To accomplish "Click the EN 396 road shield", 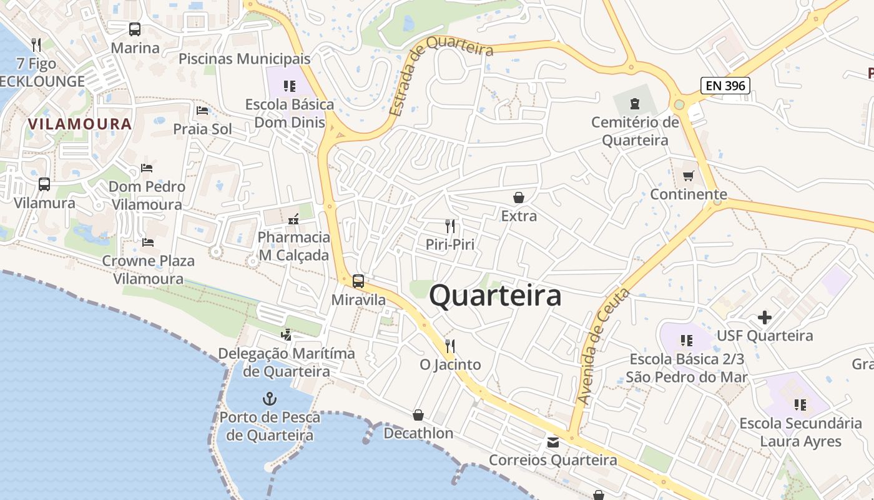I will (725, 86).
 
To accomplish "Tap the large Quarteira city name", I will (495, 296).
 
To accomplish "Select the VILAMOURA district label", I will (80, 124).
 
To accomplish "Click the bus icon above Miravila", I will (358, 281).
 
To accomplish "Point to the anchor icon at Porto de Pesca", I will (269, 398).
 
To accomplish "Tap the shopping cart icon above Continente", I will (688, 176).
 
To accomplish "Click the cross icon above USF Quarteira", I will (764, 317).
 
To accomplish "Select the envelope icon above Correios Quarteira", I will (553, 442).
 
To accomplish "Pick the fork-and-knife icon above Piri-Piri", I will (449, 226).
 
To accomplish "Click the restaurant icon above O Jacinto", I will (449, 346).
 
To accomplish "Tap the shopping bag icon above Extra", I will (518, 197).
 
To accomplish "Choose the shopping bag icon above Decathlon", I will (418, 415).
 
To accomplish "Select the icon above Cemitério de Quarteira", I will (635, 103).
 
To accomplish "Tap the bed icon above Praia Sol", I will (202, 111).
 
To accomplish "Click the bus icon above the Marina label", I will (135, 29).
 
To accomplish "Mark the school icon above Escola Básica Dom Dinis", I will (288, 86).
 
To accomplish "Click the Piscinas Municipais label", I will (244, 59).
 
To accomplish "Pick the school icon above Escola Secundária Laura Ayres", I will (800, 405).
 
